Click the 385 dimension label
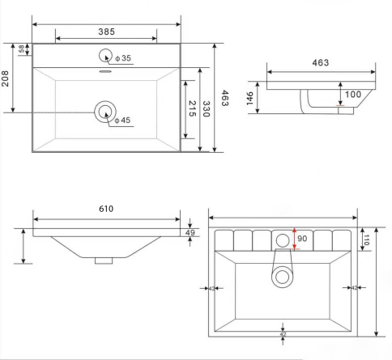coord(106,32)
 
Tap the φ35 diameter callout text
coord(123,58)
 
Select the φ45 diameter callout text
coord(122,120)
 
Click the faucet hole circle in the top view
coord(105,56)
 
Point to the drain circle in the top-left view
coord(105,112)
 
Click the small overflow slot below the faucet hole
coord(105,71)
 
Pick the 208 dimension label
coord(5,78)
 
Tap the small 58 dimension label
coord(21,49)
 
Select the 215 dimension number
coord(192,108)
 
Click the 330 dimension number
coord(207,109)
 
